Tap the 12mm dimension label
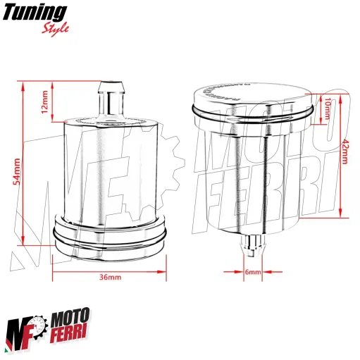[x=45, y=102]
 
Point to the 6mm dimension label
[x=254, y=272]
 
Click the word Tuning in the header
[x=37, y=13]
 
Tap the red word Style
[x=56, y=30]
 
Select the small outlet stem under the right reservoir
[x=252, y=245]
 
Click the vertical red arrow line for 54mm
[x=25, y=169]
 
